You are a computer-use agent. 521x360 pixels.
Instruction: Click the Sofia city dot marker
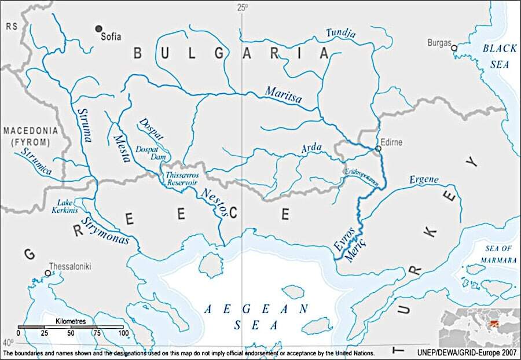(99, 28)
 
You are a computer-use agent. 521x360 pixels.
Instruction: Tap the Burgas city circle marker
(454, 47)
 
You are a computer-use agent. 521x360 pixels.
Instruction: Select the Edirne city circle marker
(378, 149)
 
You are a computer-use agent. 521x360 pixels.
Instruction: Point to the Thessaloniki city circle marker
(47, 273)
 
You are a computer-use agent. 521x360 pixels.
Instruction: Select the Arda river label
(311, 149)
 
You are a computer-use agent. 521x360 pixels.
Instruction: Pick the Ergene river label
(424, 179)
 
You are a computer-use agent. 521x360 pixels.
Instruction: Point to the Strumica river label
(36, 161)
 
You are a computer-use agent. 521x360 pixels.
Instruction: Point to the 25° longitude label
(242, 8)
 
